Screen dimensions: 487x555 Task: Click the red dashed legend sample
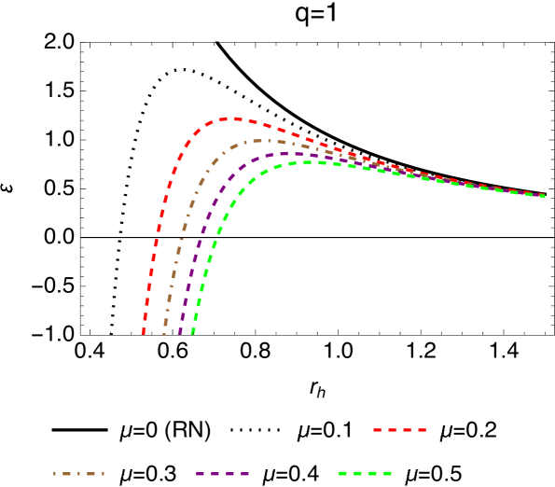click(400, 430)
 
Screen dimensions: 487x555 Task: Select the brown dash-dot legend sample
click(78, 474)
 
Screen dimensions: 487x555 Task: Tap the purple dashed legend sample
click(223, 474)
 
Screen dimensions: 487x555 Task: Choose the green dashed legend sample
click(365, 474)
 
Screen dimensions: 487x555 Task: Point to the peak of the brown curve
click(261, 141)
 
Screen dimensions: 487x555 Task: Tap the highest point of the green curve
click(306, 162)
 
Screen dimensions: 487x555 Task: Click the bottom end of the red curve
click(143, 332)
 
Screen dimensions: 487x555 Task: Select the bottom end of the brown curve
click(164, 332)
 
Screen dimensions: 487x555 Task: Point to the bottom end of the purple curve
click(180, 332)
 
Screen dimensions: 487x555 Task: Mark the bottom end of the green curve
click(193, 332)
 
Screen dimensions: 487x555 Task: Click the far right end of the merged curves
click(544, 196)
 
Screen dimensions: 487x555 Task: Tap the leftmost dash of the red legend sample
click(377, 430)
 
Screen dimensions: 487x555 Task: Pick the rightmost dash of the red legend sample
click(423, 430)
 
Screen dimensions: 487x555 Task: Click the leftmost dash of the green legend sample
click(342, 474)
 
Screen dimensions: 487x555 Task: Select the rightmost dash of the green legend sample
click(387, 474)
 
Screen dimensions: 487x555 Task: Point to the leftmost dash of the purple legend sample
click(201, 474)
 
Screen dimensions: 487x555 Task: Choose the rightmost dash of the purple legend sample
click(245, 474)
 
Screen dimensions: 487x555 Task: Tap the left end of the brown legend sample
click(55, 474)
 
